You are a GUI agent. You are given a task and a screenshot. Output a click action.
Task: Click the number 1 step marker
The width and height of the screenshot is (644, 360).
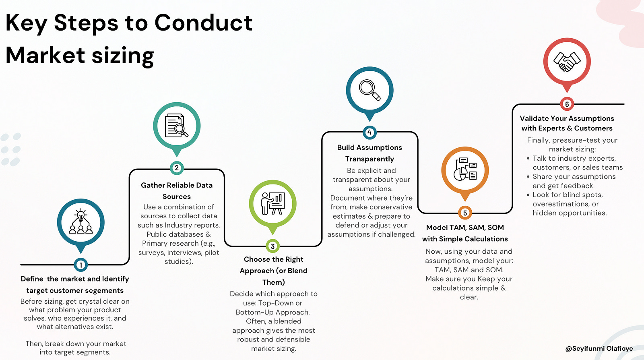click(x=81, y=265)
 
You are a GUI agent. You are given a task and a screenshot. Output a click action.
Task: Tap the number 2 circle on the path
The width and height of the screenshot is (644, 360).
click(x=177, y=168)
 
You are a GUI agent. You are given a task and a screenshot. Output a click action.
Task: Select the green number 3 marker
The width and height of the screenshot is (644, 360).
click(x=272, y=246)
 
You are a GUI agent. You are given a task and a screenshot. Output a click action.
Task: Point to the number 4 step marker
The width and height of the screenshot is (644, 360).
click(x=369, y=132)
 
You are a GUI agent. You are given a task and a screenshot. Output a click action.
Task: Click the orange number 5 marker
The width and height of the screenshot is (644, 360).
click(x=465, y=213)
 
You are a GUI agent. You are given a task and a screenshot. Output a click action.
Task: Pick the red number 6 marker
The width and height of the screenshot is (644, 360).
click(x=567, y=104)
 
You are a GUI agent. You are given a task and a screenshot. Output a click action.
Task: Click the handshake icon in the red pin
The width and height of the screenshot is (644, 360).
click(x=567, y=62)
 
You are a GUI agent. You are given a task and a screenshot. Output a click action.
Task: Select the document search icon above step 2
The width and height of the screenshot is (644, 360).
click(x=177, y=126)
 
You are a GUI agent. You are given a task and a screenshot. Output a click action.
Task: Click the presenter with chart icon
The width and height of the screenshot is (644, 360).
click(x=272, y=203)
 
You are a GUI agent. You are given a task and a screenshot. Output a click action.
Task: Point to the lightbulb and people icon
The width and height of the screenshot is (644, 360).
click(x=81, y=222)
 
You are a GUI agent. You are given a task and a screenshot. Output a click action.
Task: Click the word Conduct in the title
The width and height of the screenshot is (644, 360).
click(x=203, y=23)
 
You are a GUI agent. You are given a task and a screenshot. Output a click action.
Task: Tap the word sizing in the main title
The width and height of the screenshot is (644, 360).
click(x=123, y=56)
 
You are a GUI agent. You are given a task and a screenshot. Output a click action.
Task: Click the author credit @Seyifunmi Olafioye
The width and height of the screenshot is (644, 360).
click(x=599, y=348)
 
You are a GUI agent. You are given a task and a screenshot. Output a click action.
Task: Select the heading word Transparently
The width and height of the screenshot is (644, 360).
click(x=369, y=159)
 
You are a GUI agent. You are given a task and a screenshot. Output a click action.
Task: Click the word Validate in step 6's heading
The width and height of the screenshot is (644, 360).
click(x=534, y=118)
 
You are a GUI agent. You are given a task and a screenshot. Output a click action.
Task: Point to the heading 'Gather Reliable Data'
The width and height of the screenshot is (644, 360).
click(x=177, y=185)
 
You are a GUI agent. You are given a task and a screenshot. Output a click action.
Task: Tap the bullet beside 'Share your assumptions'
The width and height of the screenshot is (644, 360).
click(x=528, y=177)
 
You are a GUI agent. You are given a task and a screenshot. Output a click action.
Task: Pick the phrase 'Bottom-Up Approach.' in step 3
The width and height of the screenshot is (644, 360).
click(x=272, y=312)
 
